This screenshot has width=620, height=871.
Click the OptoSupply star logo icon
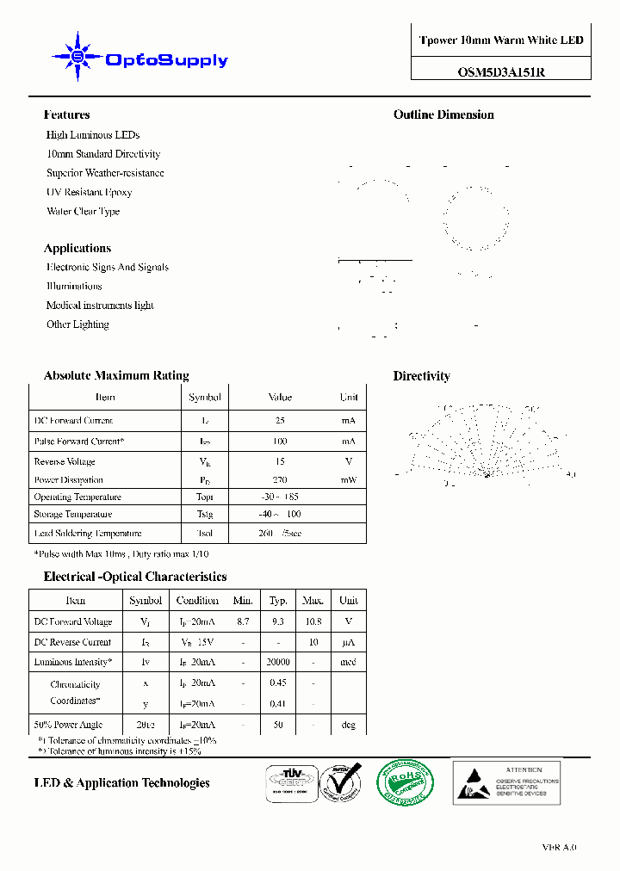77,57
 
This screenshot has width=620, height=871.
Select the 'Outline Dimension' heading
443,114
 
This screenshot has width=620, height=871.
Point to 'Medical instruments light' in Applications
100,306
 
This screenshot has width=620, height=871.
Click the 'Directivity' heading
421,376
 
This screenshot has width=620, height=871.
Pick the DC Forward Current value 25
280,421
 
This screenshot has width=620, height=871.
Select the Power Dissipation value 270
280,480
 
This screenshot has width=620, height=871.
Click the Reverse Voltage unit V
348,461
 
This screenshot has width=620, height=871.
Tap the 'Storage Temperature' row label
73,515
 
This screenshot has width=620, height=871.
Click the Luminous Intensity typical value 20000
278,663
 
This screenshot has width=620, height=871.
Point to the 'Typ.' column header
278,600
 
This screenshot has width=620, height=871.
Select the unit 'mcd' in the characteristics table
348,663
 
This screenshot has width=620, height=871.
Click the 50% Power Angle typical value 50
278,726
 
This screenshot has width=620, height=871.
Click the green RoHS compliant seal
406,782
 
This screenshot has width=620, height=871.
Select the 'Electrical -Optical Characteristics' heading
135,577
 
